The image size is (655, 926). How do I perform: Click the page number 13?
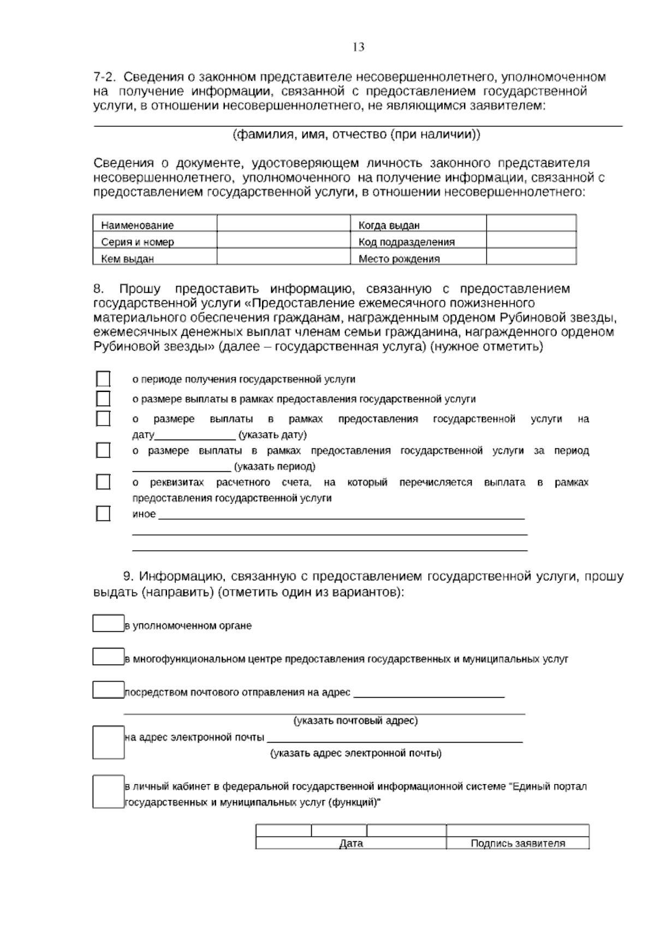coord(359,47)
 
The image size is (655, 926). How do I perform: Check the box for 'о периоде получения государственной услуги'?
coord(103,379)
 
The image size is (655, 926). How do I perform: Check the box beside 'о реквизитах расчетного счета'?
coord(103,482)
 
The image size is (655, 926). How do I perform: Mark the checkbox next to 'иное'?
coord(103,514)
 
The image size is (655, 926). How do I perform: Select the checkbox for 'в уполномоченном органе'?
coord(108,624)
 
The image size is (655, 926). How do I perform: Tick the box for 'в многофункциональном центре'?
coord(108,657)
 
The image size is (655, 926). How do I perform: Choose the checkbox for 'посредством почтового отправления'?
coord(108,690)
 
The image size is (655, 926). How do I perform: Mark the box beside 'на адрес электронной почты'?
coord(108,743)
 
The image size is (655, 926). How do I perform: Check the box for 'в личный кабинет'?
coord(108,792)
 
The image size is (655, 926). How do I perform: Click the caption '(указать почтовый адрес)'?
coord(356,721)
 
